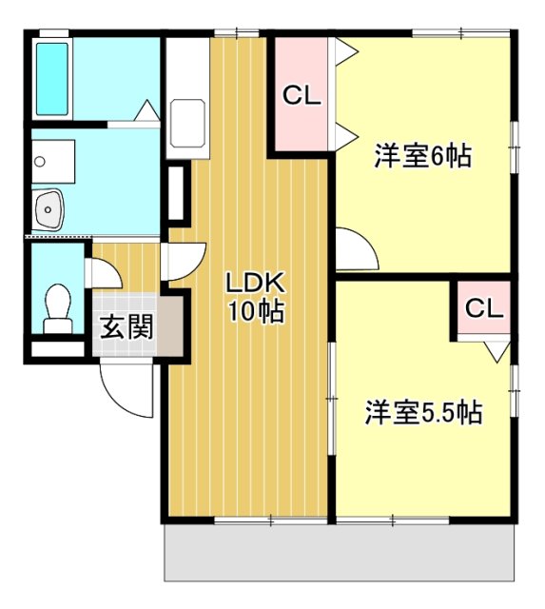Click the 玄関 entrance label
(127, 328)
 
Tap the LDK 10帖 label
(254, 296)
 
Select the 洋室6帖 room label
(422, 156)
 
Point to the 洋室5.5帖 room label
(423, 412)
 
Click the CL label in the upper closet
(302, 95)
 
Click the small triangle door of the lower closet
(495, 351)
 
